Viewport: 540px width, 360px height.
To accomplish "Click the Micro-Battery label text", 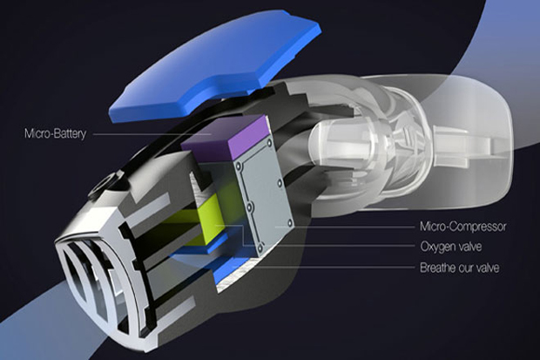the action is [55, 133].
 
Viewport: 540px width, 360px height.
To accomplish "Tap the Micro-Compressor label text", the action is [462, 227].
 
